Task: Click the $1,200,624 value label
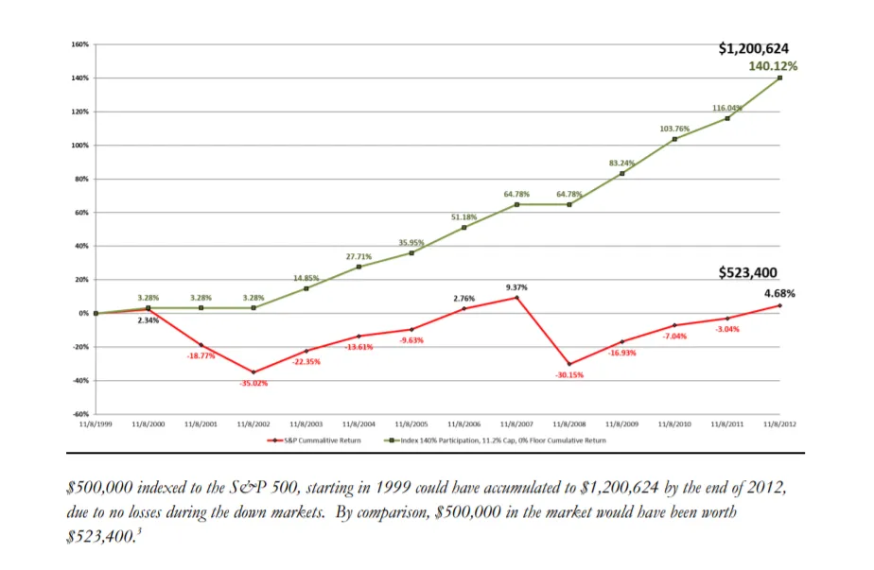(754, 48)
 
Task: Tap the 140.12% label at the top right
(773, 66)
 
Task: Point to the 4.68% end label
(780, 293)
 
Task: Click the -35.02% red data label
(253, 383)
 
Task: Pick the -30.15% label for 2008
(569, 375)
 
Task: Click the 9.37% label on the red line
(516, 286)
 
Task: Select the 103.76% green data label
(674, 128)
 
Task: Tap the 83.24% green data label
(621, 163)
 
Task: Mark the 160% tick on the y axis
(79, 44)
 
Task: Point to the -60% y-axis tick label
(79, 414)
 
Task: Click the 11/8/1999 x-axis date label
(96, 425)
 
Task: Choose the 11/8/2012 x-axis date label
(779, 425)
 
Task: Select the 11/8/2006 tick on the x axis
(463, 425)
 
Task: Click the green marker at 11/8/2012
(779, 78)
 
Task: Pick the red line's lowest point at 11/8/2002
(253, 371)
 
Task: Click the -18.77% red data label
(201, 355)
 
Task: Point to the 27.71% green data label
(358, 256)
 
